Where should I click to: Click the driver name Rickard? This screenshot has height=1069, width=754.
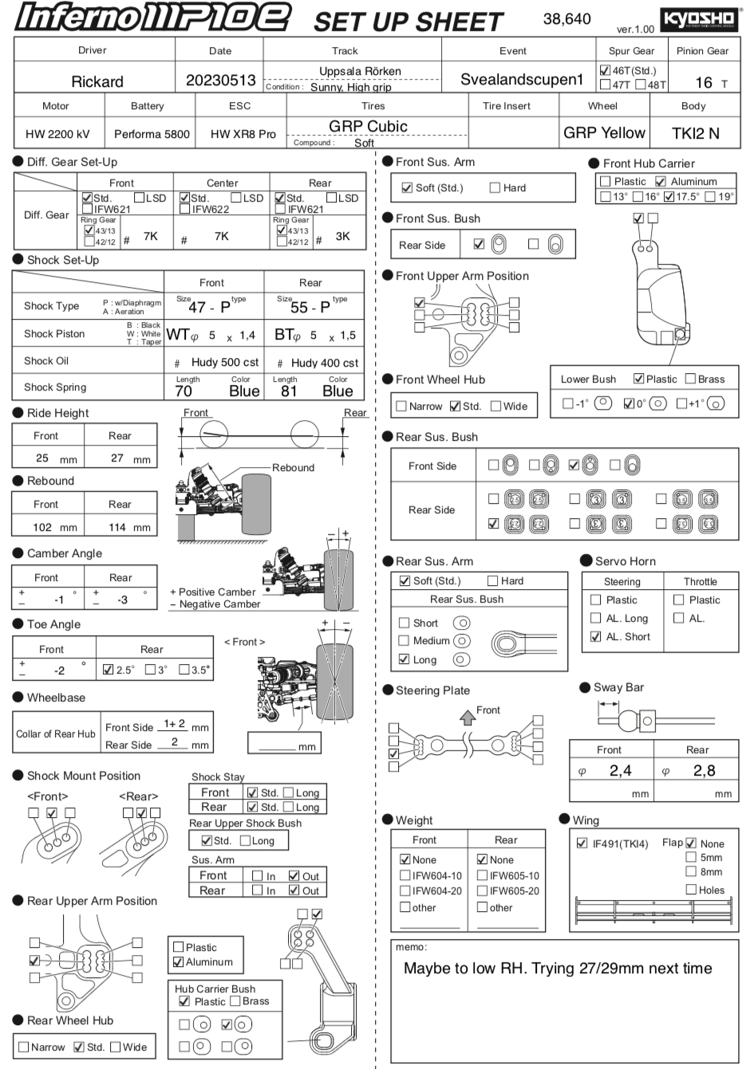pos(97,81)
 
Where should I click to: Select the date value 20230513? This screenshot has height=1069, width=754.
pos(220,81)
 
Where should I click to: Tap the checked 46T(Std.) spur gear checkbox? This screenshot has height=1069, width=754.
pos(605,70)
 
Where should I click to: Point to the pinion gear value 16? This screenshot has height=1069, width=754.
pos(703,82)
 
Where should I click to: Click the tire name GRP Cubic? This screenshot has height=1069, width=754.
pos(368,126)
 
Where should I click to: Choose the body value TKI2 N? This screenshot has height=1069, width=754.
pos(695,133)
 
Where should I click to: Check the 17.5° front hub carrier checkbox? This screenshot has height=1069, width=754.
pos(669,196)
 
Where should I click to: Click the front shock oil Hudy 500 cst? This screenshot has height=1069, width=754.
pos(225,362)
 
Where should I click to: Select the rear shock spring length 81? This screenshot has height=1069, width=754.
pos(289,391)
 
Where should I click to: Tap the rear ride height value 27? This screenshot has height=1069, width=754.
pos(117,458)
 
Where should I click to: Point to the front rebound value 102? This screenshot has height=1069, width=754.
pos(42,527)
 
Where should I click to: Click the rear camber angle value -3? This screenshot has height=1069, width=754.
pos(122,599)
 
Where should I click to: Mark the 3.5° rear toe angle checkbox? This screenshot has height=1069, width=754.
pos(184,670)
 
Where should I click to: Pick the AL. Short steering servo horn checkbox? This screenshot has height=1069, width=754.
pos(595,636)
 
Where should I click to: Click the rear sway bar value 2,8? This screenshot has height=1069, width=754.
pos(704,770)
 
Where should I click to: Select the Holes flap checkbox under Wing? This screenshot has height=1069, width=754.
pos(691,889)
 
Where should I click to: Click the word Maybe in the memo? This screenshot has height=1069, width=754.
pos(426,969)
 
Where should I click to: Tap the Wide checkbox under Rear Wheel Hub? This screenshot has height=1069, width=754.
pos(116,1047)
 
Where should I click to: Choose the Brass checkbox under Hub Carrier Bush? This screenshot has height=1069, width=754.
pos(235,1000)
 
